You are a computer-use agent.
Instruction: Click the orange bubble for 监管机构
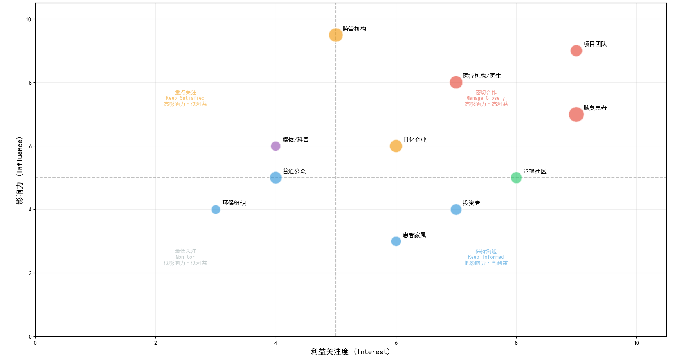pyautogui.click(x=336, y=35)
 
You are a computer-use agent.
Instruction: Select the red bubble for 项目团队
pyautogui.click(x=576, y=51)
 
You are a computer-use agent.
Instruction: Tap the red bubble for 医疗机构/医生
pyautogui.click(x=456, y=82)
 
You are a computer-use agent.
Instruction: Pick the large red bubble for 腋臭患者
pyautogui.click(x=576, y=114)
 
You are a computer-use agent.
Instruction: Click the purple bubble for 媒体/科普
pyautogui.click(x=276, y=146)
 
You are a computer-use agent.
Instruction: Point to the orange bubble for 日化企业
pyautogui.click(x=396, y=146)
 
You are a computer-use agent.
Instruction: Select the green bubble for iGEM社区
pyautogui.click(x=516, y=177)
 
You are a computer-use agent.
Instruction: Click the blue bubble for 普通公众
pyautogui.click(x=276, y=177)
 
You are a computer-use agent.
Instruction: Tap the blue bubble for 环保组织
pyautogui.click(x=216, y=209)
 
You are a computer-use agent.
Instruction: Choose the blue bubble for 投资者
pyautogui.click(x=456, y=209)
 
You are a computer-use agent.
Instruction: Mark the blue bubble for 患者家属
pyautogui.click(x=396, y=241)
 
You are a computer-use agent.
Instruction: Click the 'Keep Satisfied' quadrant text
pyautogui.click(x=185, y=98)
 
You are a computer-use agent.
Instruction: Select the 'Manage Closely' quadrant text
pyautogui.click(x=486, y=98)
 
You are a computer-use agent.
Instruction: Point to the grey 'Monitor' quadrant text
pyautogui.click(x=185, y=257)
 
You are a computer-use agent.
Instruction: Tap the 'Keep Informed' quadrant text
pyautogui.click(x=486, y=257)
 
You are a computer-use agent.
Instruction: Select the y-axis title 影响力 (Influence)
pyautogui.click(x=20, y=170)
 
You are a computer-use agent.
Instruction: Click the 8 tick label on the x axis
pyautogui.click(x=516, y=343)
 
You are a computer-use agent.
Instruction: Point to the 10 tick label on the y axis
pyautogui.click(x=28, y=19)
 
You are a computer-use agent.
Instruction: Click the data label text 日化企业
pyautogui.click(x=415, y=140)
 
